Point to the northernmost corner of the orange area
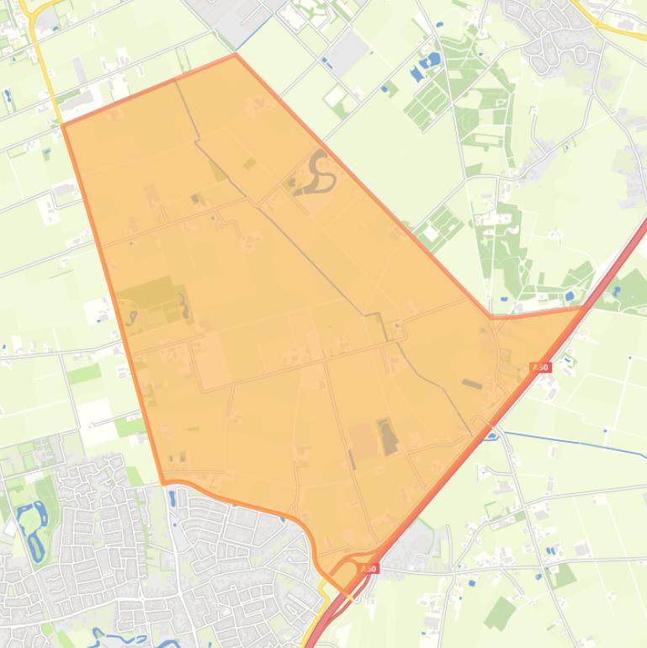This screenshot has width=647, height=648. [236, 56]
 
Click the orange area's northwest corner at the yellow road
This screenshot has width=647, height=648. [64, 125]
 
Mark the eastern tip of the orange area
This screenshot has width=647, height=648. [581, 309]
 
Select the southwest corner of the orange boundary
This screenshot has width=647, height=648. [163, 483]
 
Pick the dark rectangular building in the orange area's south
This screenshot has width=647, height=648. [386, 437]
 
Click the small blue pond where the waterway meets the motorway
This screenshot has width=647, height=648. [491, 434]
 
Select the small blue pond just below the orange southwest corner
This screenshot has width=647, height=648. [172, 497]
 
